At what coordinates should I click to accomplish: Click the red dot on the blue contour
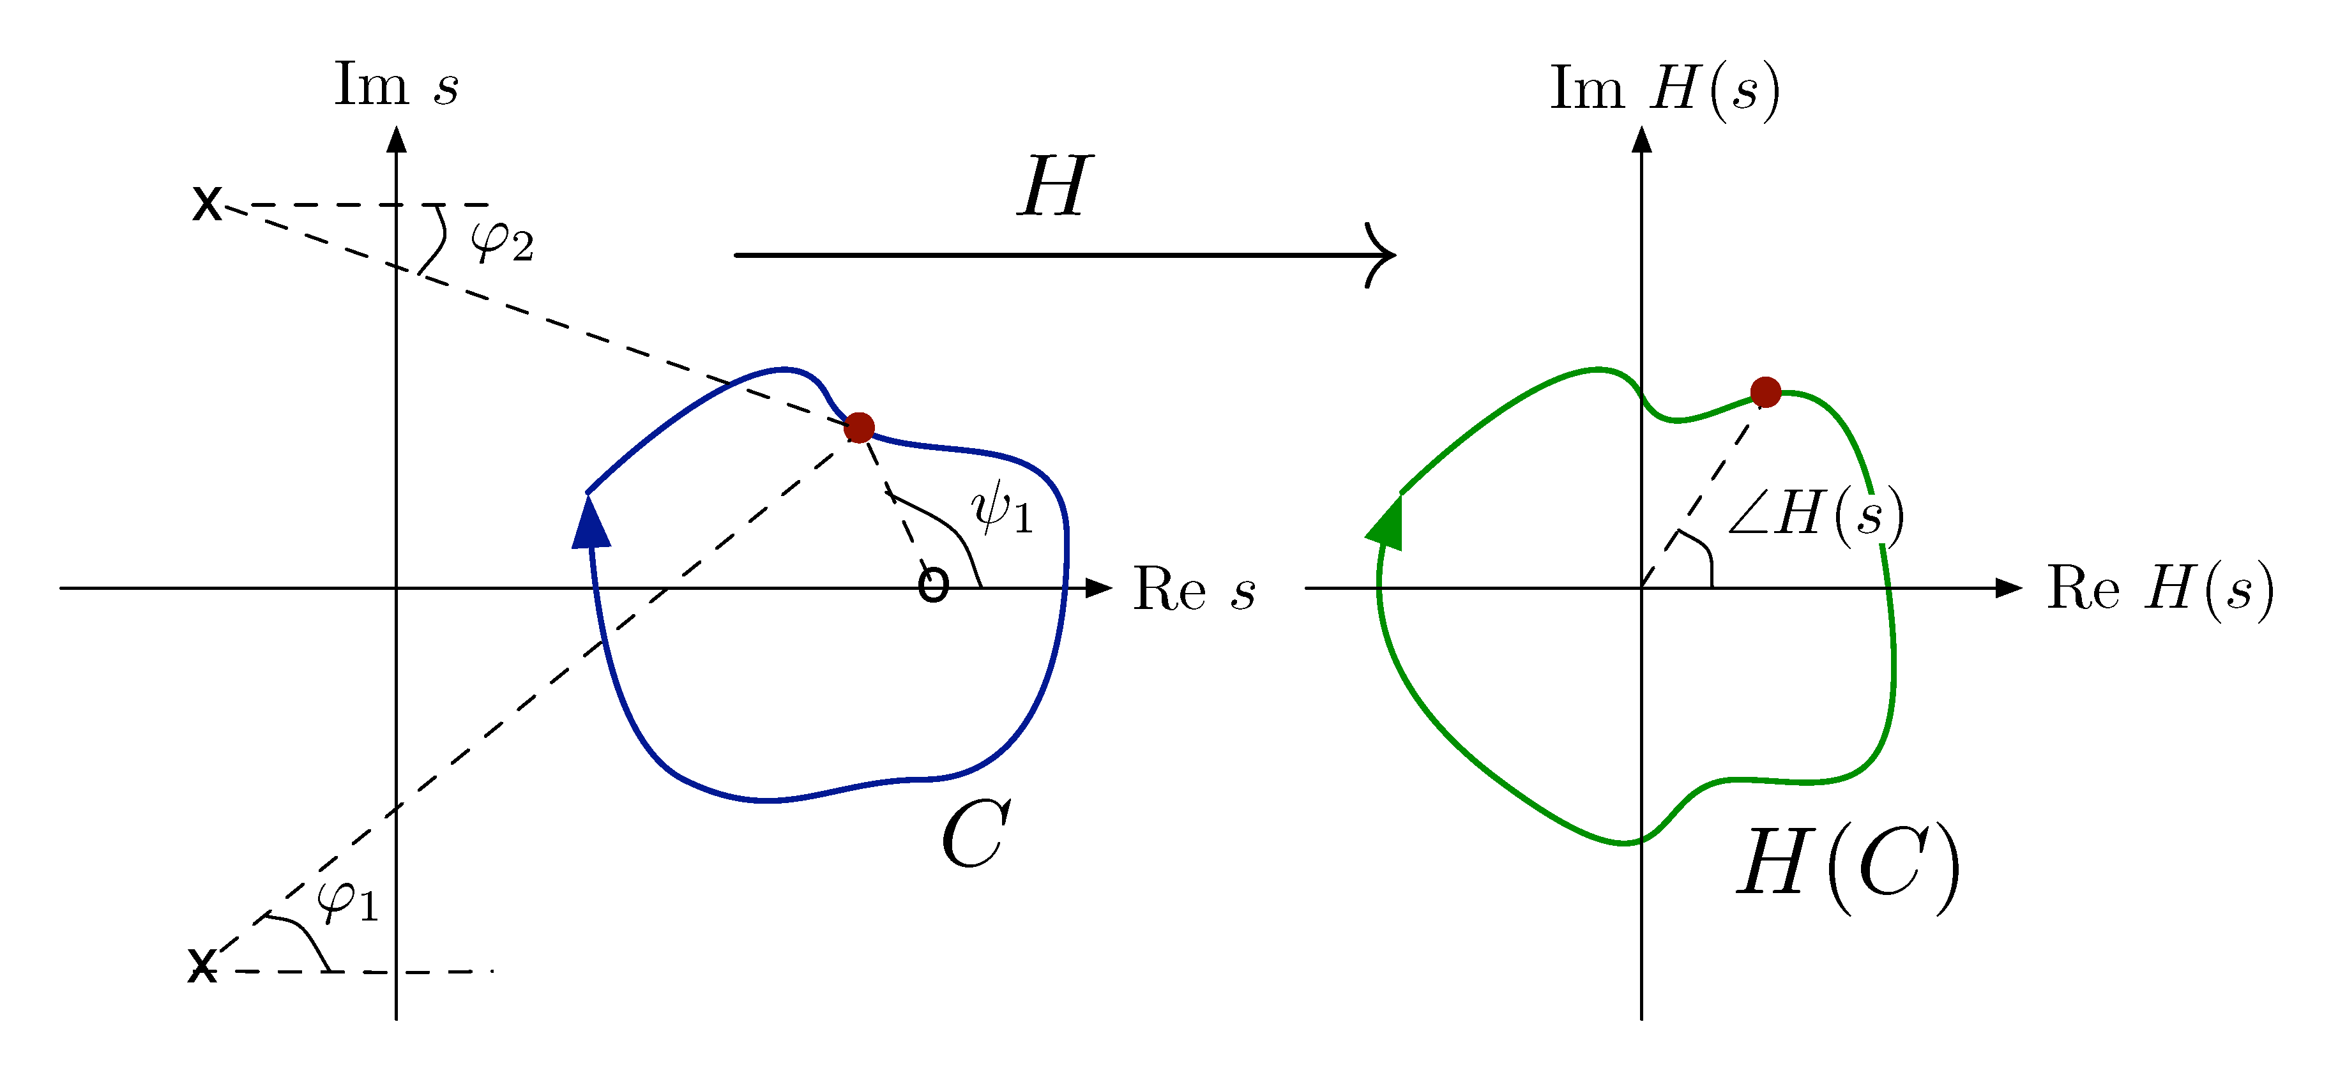tap(859, 427)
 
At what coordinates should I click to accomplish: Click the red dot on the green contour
tap(1765, 392)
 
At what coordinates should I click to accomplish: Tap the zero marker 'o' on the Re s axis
tap(933, 585)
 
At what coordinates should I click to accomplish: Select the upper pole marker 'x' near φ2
tap(207, 204)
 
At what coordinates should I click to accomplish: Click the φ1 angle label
tap(347, 900)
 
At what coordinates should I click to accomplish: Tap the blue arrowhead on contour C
tap(592, 524)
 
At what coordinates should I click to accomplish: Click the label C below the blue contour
tap(975, 834)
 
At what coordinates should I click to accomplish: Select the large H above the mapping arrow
tap(1054, 186)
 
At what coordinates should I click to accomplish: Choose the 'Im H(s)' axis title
tap(1665, 89)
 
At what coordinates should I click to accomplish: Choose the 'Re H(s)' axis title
tap(2160, 588)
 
